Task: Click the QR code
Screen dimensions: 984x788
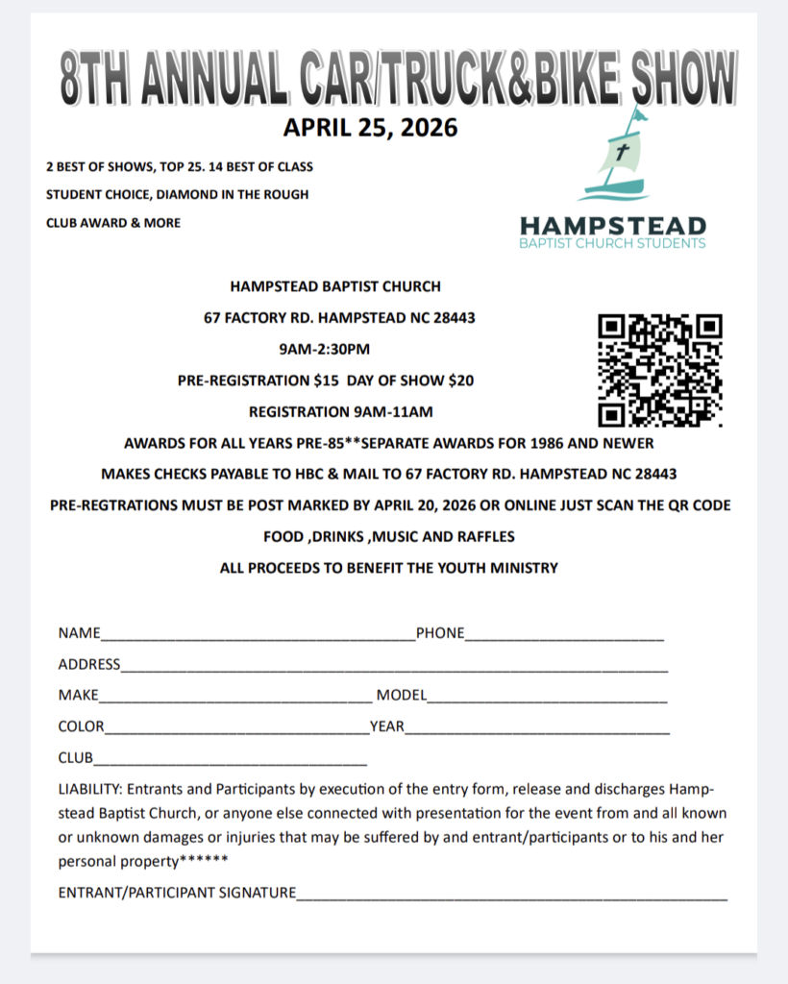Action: (659, 370)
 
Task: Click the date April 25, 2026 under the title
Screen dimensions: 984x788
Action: (370, 127)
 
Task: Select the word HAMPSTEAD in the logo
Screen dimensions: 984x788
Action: (613, 226)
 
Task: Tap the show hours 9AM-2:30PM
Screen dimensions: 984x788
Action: (324, 349)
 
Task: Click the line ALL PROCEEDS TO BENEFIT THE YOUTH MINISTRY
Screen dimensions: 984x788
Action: (388, 568)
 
